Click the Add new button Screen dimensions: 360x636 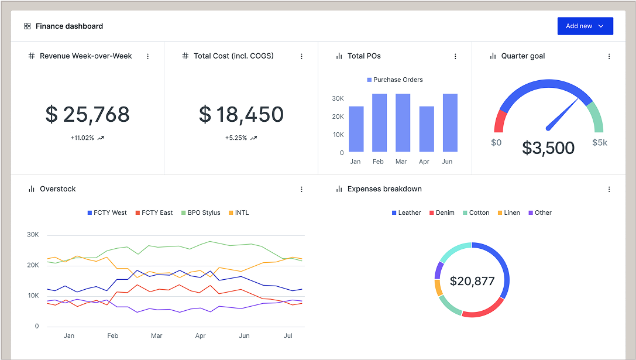[585, 26]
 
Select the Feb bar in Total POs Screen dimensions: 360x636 [379, 123]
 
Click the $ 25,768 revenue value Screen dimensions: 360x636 [87, 114]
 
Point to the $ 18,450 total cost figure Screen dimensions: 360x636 [241, 114]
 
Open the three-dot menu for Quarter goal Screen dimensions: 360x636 [609, 56]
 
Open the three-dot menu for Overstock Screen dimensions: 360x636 [301, 189]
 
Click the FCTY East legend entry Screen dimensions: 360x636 [154, 213]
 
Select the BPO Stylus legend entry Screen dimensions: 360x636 [200, 213]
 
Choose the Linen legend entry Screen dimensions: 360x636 [508, 213]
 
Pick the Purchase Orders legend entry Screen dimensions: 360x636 [394, 80]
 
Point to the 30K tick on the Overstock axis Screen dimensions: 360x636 [33, 235]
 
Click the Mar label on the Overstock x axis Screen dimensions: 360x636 [156, 336]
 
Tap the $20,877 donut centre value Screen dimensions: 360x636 [472, 281]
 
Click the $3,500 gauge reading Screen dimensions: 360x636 [548, 148]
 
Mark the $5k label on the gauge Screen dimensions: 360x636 [600, 142]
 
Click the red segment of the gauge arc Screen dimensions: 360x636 [500, 121]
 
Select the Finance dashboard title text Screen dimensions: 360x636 [69, 26]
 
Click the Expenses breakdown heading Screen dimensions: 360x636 [384, 189]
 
